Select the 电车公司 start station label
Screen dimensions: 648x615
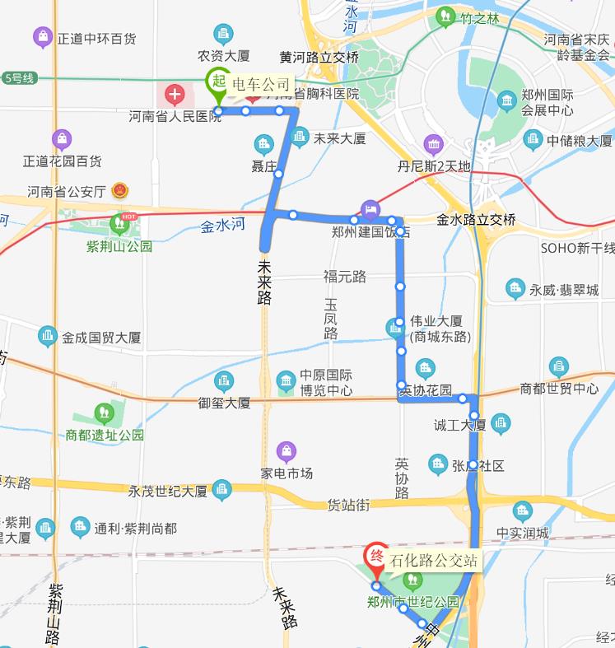262,84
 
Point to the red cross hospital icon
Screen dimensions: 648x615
175,94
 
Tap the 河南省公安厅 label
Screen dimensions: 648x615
68,192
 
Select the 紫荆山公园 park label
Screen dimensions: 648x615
119,245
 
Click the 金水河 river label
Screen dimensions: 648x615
223,225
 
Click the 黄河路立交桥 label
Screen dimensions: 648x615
319,58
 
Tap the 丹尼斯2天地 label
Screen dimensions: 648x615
434,166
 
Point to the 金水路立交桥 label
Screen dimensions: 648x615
476,220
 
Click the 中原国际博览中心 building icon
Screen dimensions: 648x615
286,381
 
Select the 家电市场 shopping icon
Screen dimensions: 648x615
286,451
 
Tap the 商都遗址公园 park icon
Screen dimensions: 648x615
105,413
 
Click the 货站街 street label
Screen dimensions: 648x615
349,504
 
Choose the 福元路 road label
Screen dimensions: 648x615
344,277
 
